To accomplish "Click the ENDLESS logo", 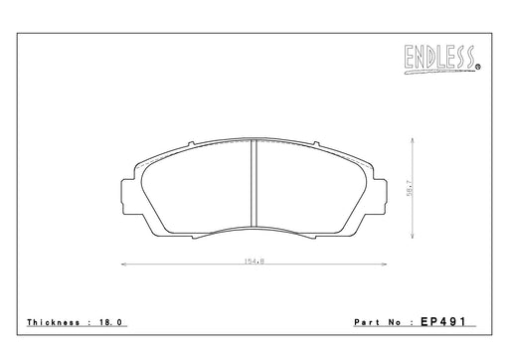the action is click(441, 59).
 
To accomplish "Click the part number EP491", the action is click(443, 321).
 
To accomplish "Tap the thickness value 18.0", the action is click(110, 322).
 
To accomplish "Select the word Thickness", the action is click(54, 322).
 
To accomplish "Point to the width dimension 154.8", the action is click(254, 262).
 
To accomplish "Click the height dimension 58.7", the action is click(410, 188).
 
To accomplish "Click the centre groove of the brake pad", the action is click(254, 183).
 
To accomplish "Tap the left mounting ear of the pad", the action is click(127, 196).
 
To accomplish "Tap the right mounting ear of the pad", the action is click(380, 196).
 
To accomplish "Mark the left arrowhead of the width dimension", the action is click(124, 265).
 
